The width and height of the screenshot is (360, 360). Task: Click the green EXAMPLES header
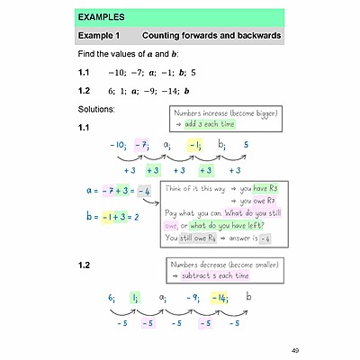tap(180, 17)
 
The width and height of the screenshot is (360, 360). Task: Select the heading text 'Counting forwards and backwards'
tap(212, 36)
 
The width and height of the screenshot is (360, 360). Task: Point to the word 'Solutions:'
tap(97, 109)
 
